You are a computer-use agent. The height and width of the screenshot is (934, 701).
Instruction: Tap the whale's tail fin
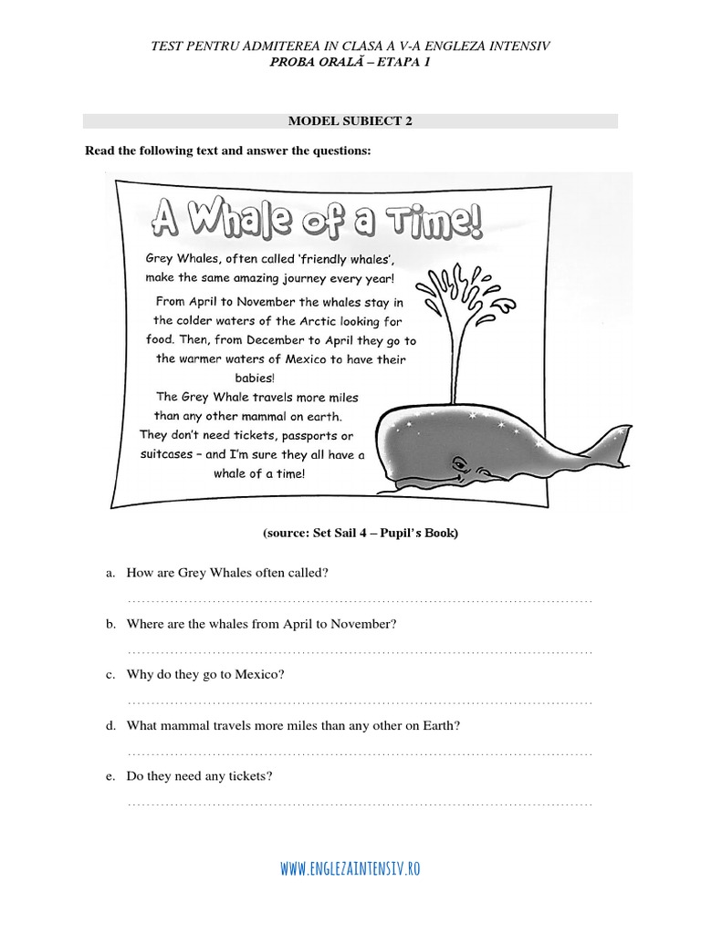pos(613,438)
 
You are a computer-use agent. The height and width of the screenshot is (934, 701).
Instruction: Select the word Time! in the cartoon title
pos(422,219)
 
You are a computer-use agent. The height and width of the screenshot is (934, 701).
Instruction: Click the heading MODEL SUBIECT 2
pos(350,120)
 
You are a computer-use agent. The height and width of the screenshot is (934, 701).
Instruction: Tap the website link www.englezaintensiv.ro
pos(350,869)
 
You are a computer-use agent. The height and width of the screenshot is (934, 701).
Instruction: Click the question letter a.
pos(110,573)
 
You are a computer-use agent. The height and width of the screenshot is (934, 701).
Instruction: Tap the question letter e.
pos(110,776)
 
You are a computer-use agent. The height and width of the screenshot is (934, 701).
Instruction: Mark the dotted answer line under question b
pos(360,652)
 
